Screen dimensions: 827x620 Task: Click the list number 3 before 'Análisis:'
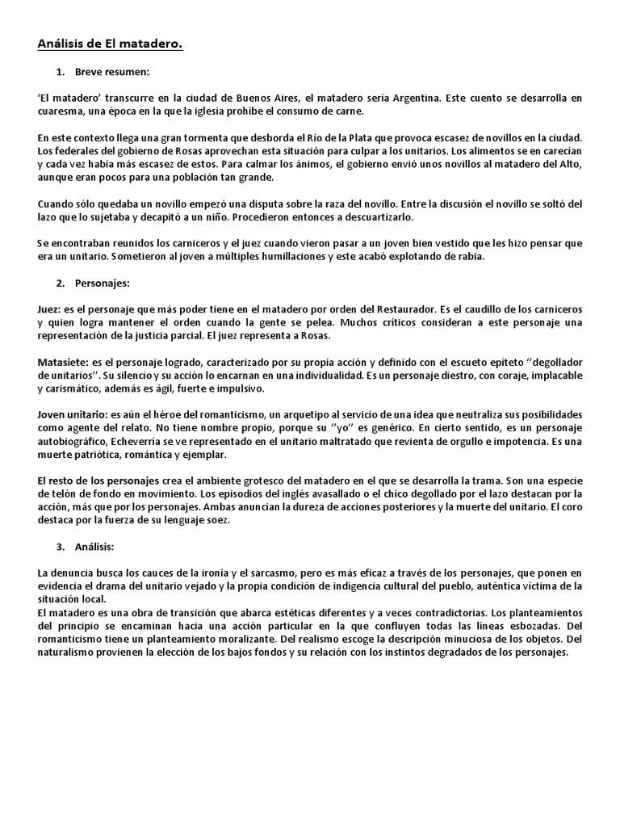61,547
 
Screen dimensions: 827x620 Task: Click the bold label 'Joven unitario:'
71,414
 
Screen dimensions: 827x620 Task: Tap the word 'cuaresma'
60,111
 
